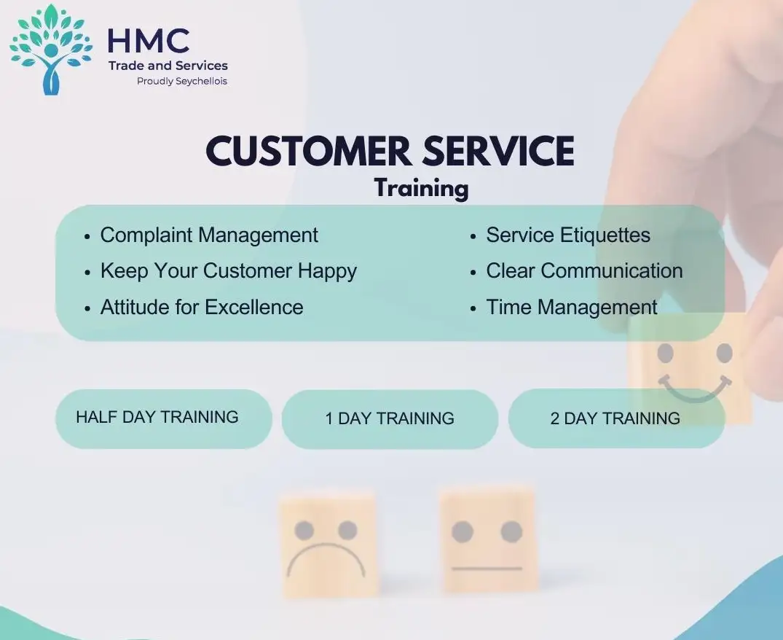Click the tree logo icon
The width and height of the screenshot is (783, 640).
pos(51,49)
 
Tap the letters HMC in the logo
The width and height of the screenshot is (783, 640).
pos(149,41)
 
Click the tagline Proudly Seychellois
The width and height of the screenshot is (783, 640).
pos(182,81)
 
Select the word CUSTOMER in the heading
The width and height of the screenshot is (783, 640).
pos(309,150)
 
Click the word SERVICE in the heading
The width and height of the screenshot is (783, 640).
pos(499,150)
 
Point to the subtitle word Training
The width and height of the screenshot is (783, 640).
pos(422,189)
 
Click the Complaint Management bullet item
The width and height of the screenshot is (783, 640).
pos(209,235)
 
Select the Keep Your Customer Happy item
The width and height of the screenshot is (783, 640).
pos(228,271)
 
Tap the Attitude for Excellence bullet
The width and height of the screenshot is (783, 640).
pos(202,307)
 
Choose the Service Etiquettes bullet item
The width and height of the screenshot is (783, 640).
pos(568,235)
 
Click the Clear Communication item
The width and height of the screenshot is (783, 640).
pos(584,270)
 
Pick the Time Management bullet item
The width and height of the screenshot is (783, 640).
pos(572,308)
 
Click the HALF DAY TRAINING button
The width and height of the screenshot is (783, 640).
pos(163,418)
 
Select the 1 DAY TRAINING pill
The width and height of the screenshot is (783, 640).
pos(390,418)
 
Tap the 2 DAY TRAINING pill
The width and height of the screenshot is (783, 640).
pos(616,418)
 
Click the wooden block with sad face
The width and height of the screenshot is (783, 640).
pos(328,544)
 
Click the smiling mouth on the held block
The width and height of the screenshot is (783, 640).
pos(693,394)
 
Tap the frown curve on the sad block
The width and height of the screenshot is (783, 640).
pos(326,545)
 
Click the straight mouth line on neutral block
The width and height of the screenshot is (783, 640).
pos(487,569)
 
